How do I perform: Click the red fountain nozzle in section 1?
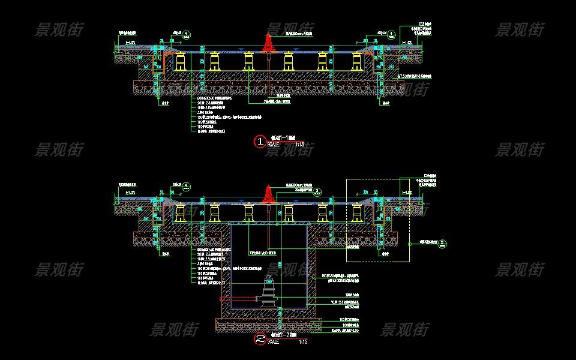[268, 42]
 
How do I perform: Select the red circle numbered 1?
[260, 142]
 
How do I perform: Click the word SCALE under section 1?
[274, 145]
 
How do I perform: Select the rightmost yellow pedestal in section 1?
[358, 61]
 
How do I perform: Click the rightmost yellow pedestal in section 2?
[358, 214]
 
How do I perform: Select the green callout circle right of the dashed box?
[442, 243]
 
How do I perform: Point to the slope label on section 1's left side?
[130, 43]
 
